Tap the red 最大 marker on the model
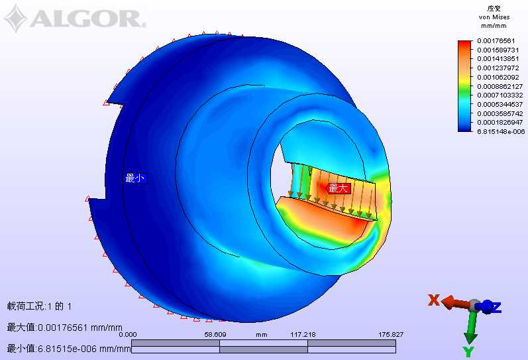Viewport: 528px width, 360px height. tap(338, 188)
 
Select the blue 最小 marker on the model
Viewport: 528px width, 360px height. tap(135, 178)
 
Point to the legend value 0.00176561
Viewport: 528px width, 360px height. tap(496, 41)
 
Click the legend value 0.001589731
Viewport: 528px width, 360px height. tap(498, 50)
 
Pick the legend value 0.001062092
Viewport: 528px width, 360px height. tap(498, 77)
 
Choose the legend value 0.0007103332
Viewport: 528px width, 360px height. tap(500, 95)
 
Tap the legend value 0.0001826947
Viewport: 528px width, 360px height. tap(500, 123)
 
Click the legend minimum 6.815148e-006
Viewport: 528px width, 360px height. tap(501, 131)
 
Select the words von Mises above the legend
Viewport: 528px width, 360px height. tap(494, 17)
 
